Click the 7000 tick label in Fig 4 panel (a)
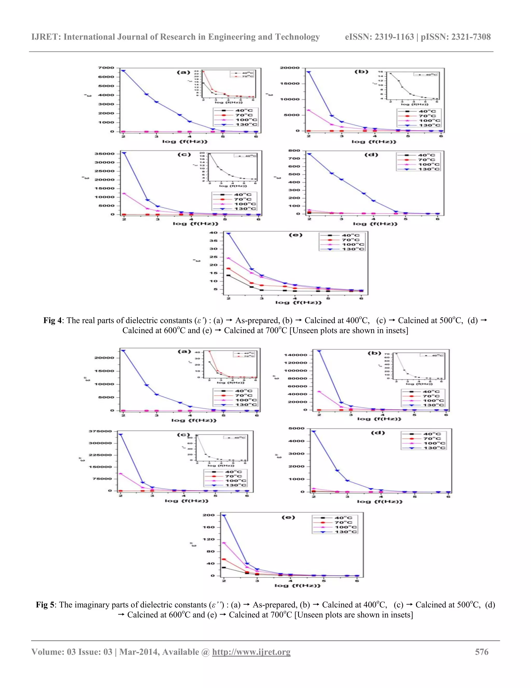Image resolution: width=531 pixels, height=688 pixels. pos(106,68)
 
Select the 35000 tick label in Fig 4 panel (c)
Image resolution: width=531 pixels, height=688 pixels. pos(104,154)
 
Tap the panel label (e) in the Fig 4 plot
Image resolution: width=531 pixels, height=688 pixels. pos(295,235)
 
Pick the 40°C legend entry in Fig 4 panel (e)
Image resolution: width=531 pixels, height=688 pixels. pos(351,235)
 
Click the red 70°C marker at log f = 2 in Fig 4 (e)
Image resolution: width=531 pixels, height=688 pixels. pos(229,269)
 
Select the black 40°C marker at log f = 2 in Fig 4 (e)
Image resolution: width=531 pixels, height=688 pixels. pos(228,276)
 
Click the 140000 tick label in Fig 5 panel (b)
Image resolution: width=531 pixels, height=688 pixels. pos(295,355)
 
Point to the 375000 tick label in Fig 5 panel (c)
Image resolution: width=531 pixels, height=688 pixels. pos(100,431)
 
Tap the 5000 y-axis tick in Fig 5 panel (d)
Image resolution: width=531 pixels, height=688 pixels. pos(296,428)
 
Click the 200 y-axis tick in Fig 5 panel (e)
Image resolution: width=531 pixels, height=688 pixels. pos(208,515)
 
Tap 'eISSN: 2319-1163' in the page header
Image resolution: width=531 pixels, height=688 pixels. pos(379,37)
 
